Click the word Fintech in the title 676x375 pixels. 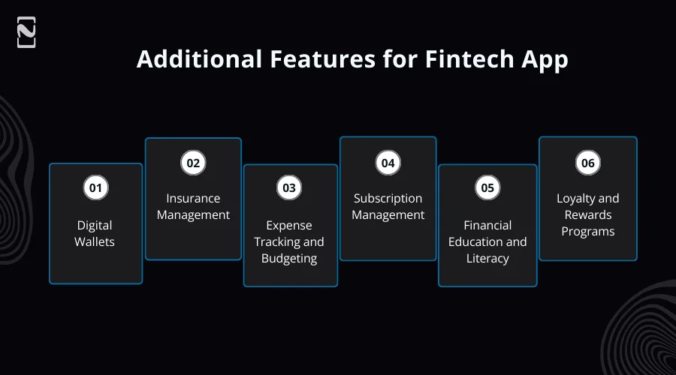tap(457, 59)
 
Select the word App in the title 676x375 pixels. tap(545, 59)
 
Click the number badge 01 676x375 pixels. tap(95, 187)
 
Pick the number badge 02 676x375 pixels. tap(193, 162)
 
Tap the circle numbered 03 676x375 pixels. tap(289, 188)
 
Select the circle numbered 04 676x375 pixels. tap(388, 162)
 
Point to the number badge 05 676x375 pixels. tap(487, 187)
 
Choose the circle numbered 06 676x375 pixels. tap(587, 162)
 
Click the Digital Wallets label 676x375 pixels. tap(95, 233)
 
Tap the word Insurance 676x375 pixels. tap(193, 199)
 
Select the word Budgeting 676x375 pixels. tap(289, 259)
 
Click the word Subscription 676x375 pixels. tap(388, 199)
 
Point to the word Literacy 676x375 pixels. tap(487, 259)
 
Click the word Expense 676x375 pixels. tap(289, 226)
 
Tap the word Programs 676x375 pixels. tap(587, 232)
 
